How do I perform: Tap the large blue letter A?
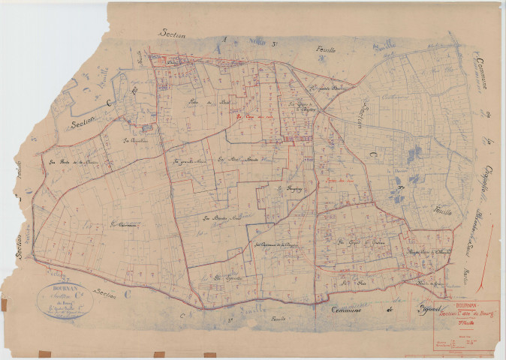pyautogui.click(x=222, y=40)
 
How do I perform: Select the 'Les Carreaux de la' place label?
pyautogui.click(x=271, y=244)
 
